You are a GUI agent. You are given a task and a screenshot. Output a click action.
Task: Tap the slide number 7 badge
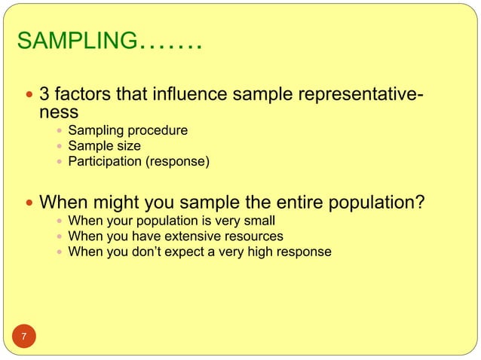tap(23, 336)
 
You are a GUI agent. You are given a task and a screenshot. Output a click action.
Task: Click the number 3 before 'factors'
tap(44, 96)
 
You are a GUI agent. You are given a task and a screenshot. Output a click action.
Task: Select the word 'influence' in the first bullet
tap(192, 96)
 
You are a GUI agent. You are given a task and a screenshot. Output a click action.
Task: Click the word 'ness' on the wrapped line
tap(59, 113)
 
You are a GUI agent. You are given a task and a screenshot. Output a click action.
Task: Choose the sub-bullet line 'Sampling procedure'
tap(127, 131)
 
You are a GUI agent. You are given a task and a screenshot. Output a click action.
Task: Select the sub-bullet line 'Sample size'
tap(104, 146)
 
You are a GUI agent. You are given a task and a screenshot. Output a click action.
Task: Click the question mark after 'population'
tap(420, 203)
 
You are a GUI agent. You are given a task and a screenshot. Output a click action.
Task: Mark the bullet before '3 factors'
tap(29, 96)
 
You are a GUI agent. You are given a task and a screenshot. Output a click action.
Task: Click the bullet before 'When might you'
tap(29, 203)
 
